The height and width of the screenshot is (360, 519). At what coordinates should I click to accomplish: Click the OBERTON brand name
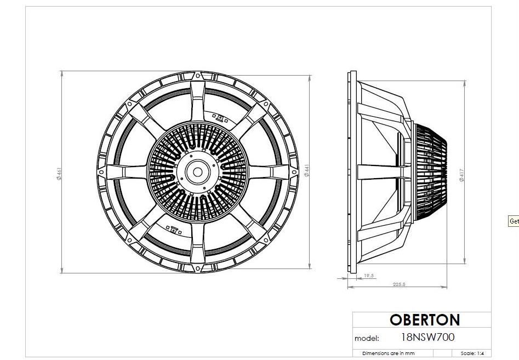click(x=425, y=320)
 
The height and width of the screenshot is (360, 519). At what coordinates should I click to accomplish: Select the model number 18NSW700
click(x=427, y=337)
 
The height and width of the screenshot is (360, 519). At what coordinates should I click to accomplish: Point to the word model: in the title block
click(x=367, y=339)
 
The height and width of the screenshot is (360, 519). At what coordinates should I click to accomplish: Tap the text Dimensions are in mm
click(x=388, y=353)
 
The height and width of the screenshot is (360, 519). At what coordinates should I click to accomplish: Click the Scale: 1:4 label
click(x=472, y=353)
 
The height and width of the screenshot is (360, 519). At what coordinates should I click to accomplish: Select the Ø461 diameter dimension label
click(x=59, y=174)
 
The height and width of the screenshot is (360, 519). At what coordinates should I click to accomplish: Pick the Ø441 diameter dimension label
click(x=306, y=170)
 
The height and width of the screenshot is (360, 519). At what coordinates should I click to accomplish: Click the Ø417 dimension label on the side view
click(x=462, y=175)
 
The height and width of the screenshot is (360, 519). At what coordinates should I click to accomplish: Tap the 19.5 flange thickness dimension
click(x=369, y=275)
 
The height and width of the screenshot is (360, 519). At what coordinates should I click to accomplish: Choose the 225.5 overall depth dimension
click(x=399, y=284)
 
